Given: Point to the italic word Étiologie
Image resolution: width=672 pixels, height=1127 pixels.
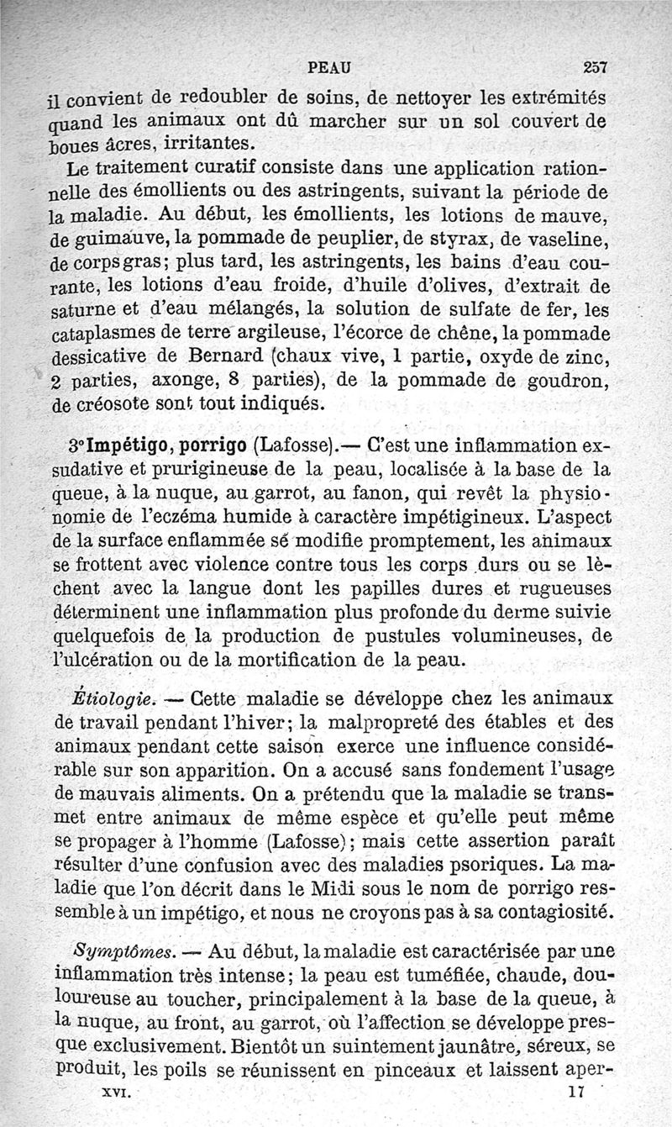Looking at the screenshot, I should pos(113,698).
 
